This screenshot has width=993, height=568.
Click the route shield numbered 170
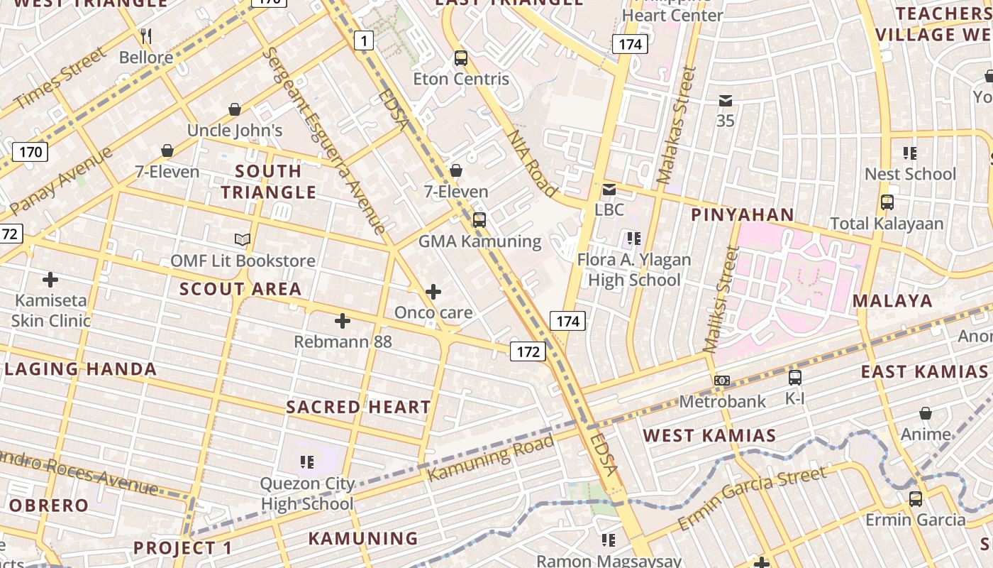(30, 151)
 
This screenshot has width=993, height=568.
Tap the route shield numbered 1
(364, 40)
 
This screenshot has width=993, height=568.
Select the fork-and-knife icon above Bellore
(146, 35)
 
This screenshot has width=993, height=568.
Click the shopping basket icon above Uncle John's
(235, 109)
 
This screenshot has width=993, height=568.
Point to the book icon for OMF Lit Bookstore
(243, 239)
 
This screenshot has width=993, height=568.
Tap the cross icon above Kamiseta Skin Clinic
(50, 279)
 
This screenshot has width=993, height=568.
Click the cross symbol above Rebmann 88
(343, 321)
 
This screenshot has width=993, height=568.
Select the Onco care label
(433, 312)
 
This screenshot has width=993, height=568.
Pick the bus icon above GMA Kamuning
(479, 220)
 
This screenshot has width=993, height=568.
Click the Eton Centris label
(461, 79)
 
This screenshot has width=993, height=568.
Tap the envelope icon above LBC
(609, 190)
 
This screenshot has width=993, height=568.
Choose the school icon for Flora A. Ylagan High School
(633, 239)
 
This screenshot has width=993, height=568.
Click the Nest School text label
(910, 174)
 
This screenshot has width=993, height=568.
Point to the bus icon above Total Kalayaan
(887, 202)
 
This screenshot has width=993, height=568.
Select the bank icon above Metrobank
(722, 381)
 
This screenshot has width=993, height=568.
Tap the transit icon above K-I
(795, 378)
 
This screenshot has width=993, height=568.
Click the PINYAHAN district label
(743, 215)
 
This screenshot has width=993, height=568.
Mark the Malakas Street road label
(677, 125)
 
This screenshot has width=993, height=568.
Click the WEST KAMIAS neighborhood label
(709, 435)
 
